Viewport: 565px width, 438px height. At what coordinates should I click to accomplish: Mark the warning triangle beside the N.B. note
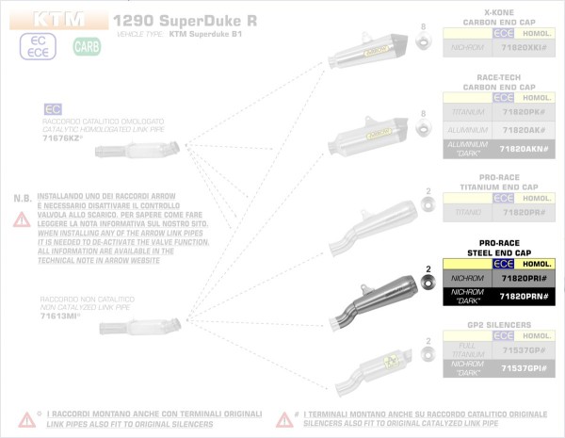[x=20, y=219]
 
